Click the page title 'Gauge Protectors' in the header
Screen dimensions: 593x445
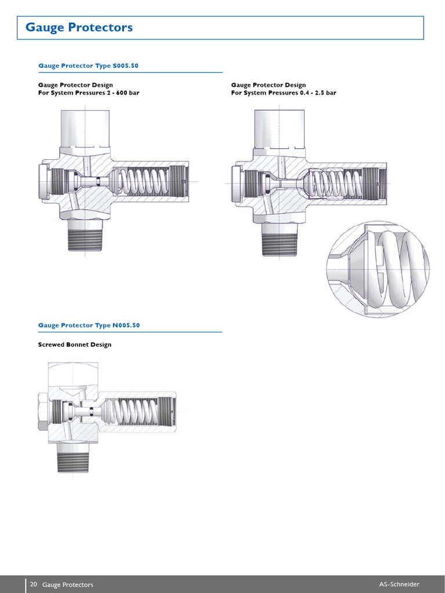[x=79, y=27]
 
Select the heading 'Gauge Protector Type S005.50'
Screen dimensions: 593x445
[x=88, y=65]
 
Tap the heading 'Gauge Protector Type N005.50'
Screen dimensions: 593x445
[x=89, y=325]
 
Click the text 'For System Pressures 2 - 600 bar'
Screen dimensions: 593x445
[x=89, y=93]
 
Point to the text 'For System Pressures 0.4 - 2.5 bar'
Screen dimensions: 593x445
[x=283, y=93]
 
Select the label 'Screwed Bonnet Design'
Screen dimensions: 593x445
[x=74, y=345]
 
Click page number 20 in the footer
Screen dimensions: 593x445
[x=34, y=584]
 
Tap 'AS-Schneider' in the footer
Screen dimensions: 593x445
[x=399, y=584]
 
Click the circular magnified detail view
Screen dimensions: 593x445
[x=378, y=270]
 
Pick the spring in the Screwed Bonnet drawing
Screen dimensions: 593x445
[x=137, y=412]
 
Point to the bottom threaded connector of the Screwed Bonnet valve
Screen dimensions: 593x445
[x=73, y=460]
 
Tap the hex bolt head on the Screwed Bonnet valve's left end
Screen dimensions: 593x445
[x=42, y=411]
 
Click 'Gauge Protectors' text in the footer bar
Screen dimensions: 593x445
[x=68, y=584]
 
